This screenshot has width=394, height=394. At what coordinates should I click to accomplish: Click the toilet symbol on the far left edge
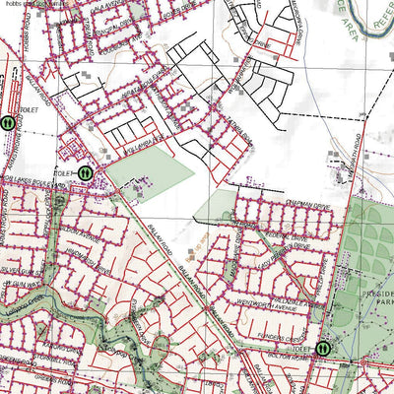[x=7, y=123]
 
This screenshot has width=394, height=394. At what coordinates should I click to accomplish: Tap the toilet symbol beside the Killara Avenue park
[x=86, y=172]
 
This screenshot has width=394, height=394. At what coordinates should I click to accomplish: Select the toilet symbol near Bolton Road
[x=324, y=347]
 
